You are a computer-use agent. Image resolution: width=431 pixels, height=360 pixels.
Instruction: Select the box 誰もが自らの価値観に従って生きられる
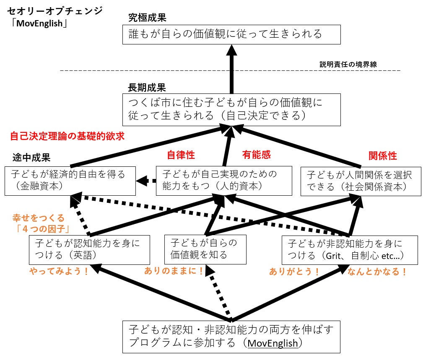click(231, 34)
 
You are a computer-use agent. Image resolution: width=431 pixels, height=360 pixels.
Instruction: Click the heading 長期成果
click(147, 88)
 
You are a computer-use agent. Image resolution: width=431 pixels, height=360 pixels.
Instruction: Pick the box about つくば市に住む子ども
click(231, 109)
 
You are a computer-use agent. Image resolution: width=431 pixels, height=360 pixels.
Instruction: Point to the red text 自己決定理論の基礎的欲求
click(68, 136)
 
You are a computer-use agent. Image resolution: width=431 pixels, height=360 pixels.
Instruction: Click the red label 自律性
click(181, 155)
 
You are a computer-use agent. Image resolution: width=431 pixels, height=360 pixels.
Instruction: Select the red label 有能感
click(256, 155)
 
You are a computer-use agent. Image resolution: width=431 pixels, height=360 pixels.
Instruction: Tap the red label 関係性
click(382, 156)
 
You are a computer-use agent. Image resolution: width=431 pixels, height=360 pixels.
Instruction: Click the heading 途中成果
click(31, 158)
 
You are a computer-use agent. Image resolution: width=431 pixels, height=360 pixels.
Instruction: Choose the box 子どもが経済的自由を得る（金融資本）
click(70, 180)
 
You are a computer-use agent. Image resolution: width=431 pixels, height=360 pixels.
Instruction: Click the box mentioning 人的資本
click(223, 180)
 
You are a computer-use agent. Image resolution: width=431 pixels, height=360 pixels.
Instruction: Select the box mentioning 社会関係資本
click(361, 180)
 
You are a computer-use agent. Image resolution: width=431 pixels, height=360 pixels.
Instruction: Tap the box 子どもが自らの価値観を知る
click(205, 249)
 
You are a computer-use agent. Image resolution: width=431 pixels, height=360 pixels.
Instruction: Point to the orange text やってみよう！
click(59, 271)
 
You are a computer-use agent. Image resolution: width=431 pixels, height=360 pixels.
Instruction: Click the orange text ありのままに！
click(174, 271)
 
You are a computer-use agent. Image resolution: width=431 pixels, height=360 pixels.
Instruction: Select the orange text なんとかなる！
click(377, 271)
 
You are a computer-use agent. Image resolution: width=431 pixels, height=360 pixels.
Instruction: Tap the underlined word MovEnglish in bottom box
click(273, 343)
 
